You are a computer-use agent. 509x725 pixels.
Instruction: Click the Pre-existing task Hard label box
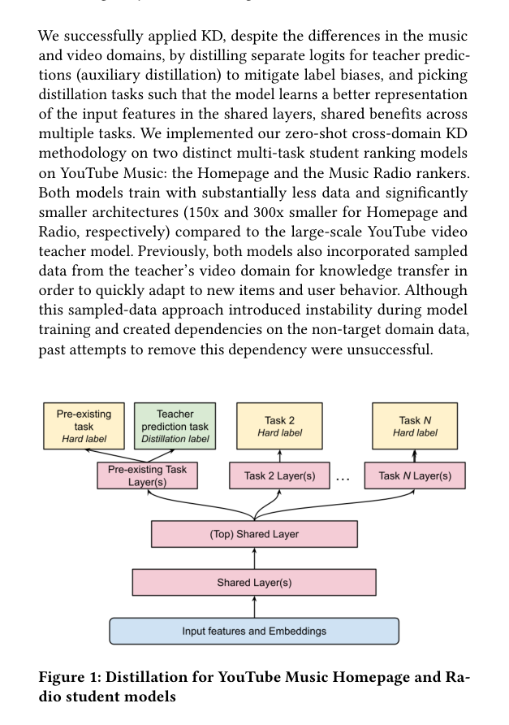(84, 426)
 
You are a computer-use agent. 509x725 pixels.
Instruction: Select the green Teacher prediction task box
(175, 426)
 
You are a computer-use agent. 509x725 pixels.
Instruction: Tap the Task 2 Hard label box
(279, 426)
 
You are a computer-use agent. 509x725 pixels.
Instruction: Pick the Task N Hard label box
(415, 426)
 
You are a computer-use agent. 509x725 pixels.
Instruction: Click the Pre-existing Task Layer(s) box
(148, 475)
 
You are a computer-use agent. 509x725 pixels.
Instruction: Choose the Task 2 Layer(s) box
(279, 475)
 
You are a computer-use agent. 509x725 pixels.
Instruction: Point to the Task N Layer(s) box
(415, 475)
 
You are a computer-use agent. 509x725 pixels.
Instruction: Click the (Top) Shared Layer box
(254, 534)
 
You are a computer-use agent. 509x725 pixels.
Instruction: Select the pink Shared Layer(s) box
(254, 582)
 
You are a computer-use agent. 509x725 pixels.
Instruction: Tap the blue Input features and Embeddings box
(254, 631)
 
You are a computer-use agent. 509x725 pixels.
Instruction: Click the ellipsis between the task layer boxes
(343, 479)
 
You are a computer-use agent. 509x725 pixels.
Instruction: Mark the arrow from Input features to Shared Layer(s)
(254, 606)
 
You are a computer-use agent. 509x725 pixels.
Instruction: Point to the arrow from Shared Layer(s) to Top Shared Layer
(254, 558)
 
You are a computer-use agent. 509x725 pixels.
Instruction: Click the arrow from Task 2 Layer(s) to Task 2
(279, 456)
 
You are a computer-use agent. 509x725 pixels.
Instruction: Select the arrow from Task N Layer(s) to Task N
(415, 456)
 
